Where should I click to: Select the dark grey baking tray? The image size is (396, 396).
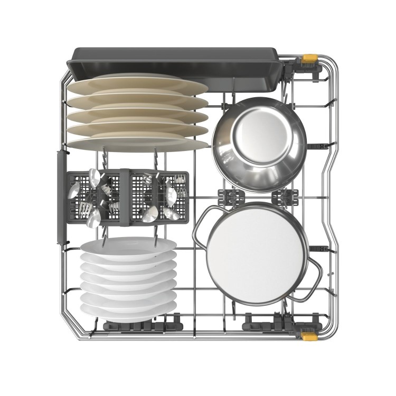174,60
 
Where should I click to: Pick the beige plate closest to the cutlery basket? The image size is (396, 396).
138,143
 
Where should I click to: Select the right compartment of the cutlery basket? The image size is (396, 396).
158,196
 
